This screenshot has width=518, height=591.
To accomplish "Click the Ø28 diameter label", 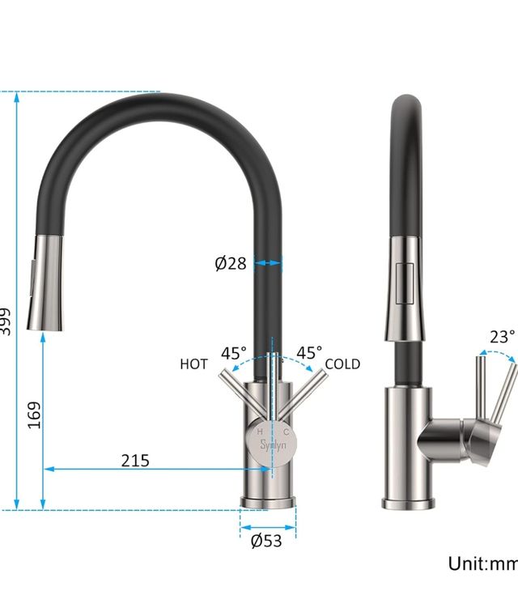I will click(x=230, y=263).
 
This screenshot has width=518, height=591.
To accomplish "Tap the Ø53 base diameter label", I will click(x=266, y=541).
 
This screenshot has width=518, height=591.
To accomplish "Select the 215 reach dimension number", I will click(x=135, y=460).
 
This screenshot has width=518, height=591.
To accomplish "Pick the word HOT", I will click(x=194, y=364).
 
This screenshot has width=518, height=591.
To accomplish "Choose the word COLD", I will click(x=342, y=364).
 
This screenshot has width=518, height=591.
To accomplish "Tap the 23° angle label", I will click(x=502, y=337).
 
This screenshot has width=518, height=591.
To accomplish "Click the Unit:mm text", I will click(x=483, y=563).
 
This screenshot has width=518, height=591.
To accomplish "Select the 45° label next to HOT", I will click(x=234, y=354).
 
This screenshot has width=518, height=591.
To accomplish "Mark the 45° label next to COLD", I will click(x=308, y=353).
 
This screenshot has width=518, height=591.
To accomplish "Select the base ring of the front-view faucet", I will click(x=267, y=501).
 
